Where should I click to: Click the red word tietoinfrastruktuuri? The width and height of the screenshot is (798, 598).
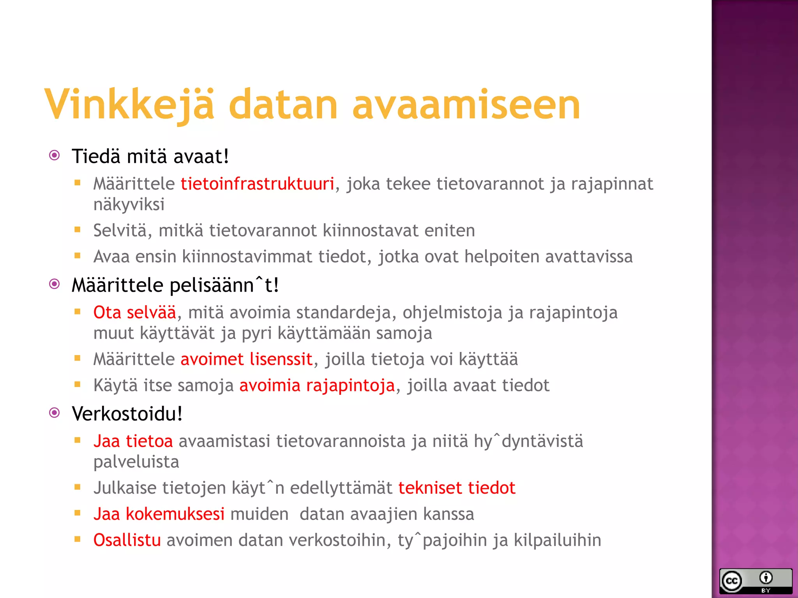pos(257,184)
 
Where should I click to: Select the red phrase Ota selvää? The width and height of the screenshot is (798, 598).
pos(135,313)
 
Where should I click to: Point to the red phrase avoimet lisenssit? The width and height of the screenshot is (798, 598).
pos(246,359)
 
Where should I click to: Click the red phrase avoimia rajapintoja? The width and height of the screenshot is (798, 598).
pos(317,385)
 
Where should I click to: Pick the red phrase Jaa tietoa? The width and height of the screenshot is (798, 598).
pos(133,441)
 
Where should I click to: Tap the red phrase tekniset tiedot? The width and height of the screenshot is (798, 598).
pos(457,488)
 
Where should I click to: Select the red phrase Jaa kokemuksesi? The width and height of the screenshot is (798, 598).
pos(159,514)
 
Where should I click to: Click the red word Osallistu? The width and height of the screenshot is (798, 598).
pos(127,540)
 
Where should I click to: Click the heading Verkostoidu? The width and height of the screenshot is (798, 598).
pos(127,413)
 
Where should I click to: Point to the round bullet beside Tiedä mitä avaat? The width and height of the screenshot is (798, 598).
pos(55,156)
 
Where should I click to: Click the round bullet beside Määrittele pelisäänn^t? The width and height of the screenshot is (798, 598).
pos(55,284)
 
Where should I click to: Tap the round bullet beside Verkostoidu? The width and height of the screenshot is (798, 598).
pos(55,413)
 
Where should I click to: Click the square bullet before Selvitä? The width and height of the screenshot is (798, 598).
pos(78,230)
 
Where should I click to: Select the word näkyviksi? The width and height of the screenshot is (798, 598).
pos(129,204)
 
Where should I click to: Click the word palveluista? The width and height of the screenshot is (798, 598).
pos(136,462)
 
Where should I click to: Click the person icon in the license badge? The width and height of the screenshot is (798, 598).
pos(766,578)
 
